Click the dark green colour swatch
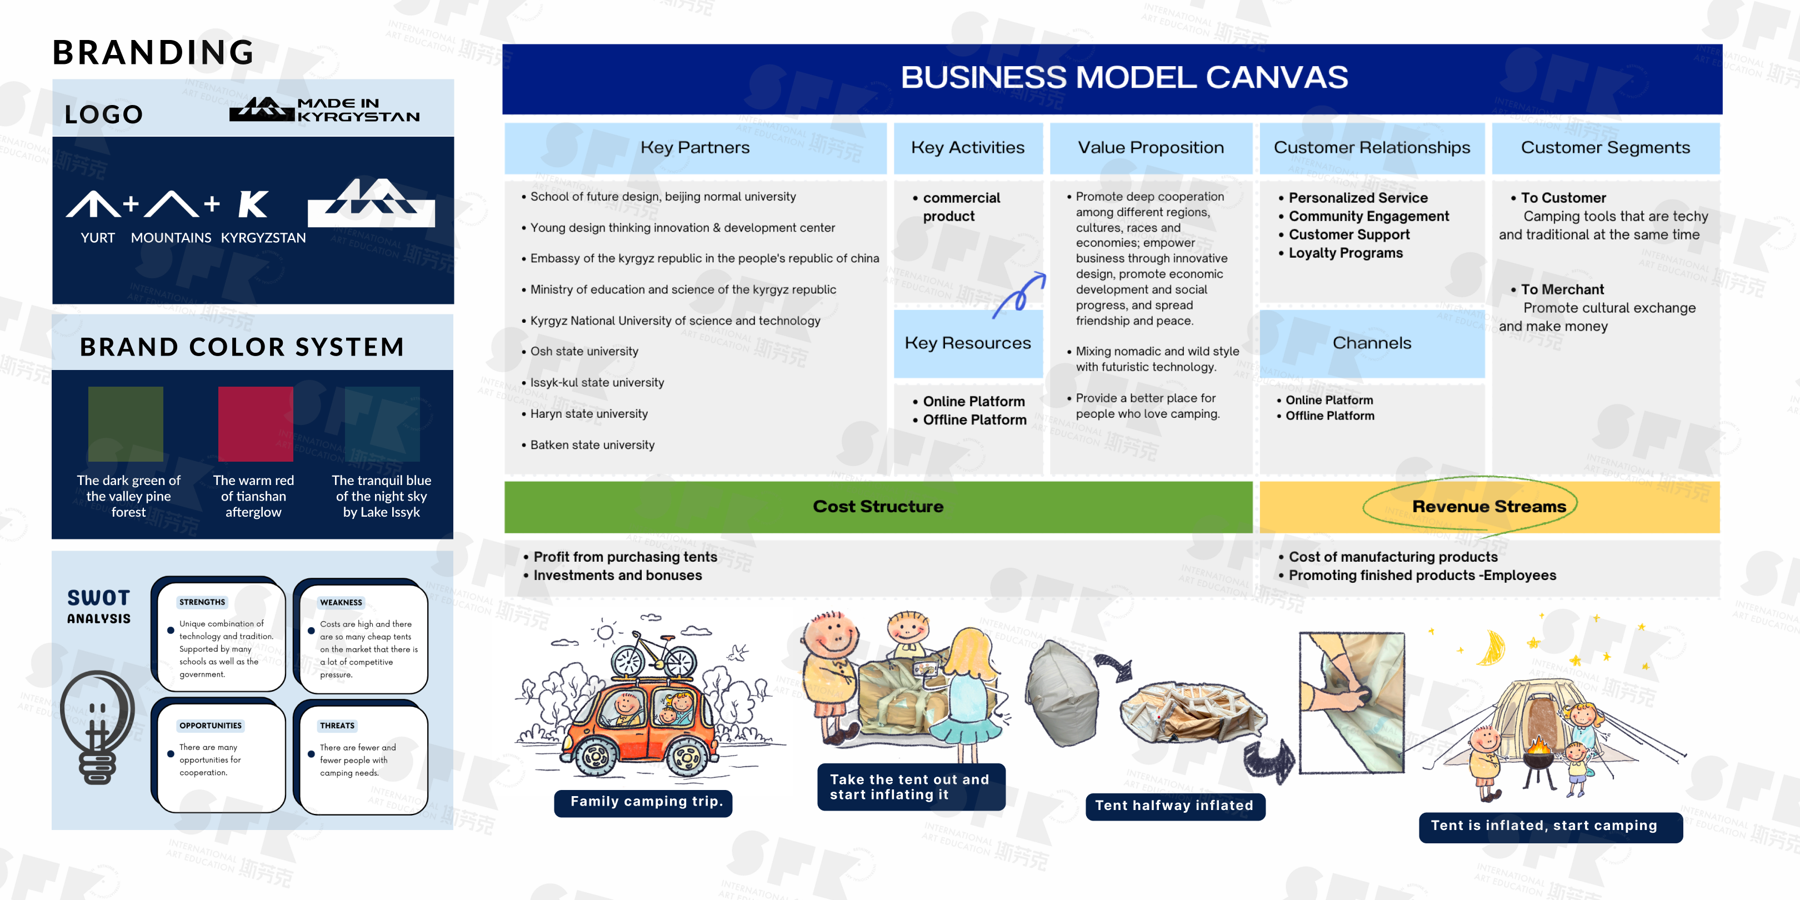[126, 423]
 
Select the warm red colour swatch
[256, 423]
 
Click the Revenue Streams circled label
[1489, 507]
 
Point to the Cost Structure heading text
[878, 507]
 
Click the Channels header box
[1372, 343]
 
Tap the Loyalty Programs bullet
[1341, 253]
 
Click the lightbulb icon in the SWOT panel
[97, 727]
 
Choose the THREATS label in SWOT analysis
[338, 726]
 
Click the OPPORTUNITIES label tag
[211, 726]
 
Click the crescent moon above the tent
[1492, 648]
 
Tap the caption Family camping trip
[646, 802]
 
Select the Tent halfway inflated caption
[1174, 806]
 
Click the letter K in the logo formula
[252, 205]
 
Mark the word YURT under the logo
[97, 238]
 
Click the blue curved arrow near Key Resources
[1019, 295]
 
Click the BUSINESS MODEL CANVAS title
[1124, 78]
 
